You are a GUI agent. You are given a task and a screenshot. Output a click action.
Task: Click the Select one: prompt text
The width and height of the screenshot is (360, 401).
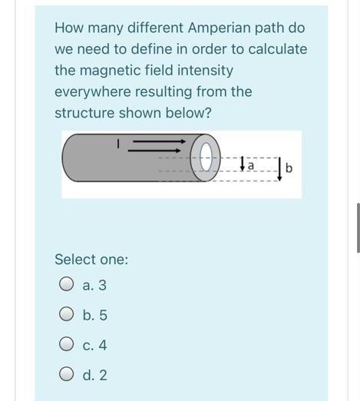[x=91, y=259]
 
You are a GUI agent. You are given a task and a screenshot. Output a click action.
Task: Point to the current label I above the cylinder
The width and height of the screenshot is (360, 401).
[x=118, y=143]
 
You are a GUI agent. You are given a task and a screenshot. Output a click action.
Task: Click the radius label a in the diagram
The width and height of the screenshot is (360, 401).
[x=252, y=164]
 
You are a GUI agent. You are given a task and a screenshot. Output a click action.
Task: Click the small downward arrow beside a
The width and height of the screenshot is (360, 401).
[x=243, y=164]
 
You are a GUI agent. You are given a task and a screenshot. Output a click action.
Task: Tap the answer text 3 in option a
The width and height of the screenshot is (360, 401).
[x=103, y=285]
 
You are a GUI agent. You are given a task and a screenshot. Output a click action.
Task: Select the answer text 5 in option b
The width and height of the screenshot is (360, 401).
[x=103, y=315]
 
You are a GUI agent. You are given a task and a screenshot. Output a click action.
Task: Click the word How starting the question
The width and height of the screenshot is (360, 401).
[x=69, y=28]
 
